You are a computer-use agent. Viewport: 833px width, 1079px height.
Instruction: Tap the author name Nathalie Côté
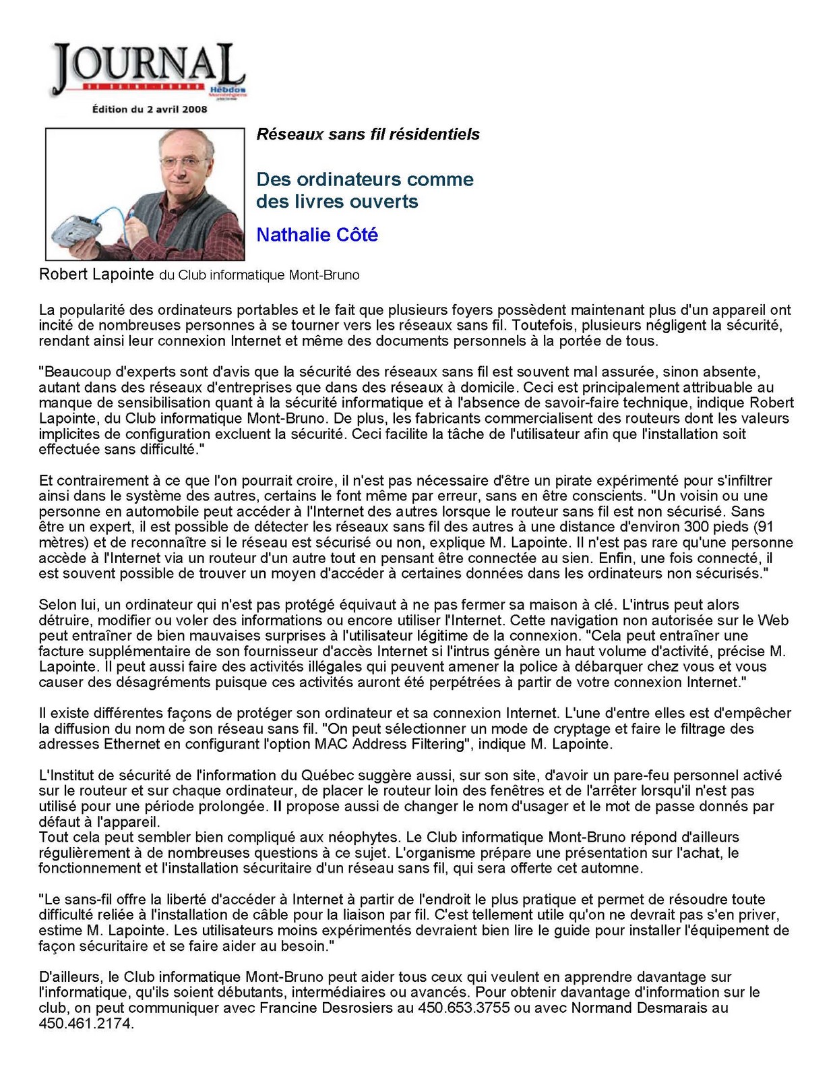pyautogui.click(x=317, y=235)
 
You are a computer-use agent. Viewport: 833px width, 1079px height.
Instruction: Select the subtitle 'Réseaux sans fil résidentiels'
pyautogui.click(x=368, y=134)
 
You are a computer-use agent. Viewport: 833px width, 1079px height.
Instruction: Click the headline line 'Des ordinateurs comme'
pyautogui.click(x=365, y=179)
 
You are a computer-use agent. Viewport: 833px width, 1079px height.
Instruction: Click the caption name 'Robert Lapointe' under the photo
pyautogui.click(x=96, y=274)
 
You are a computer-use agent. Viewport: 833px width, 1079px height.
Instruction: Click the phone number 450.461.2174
pyautogui.click(x=86, y=1023)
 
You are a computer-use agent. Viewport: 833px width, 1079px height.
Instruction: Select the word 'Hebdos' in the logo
pyautogui.click(x=228, y=90)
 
